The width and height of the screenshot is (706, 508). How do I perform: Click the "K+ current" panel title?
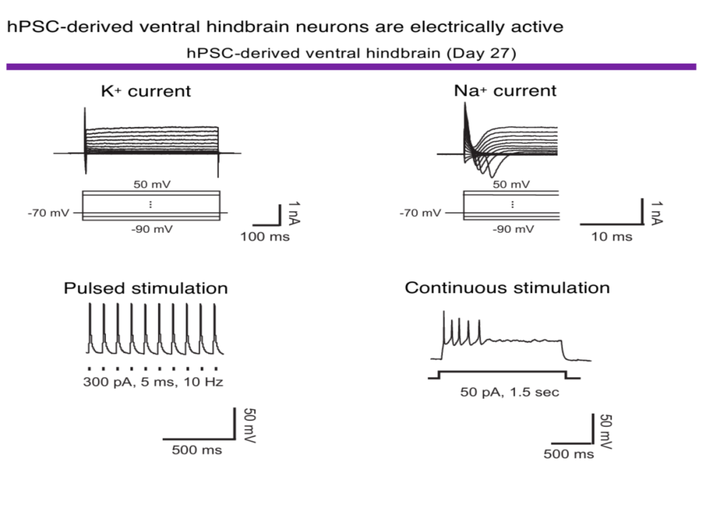point(146,91)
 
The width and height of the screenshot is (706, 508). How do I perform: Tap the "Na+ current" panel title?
point(505,90)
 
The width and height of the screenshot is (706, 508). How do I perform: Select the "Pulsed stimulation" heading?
point(146,288)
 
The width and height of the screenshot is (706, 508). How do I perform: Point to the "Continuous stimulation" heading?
point(507,288)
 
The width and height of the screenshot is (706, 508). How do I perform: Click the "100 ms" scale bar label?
point(265,237)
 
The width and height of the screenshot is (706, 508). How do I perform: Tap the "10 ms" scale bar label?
point(611,237)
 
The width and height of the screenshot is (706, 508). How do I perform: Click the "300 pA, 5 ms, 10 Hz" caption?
point(153,382)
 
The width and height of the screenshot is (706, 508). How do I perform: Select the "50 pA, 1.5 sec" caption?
point(510,392)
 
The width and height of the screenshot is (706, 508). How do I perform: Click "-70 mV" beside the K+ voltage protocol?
point(48,212)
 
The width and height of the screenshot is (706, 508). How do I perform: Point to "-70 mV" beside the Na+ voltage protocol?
point(420,212)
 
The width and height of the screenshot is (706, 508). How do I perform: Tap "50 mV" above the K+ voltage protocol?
point(152,184)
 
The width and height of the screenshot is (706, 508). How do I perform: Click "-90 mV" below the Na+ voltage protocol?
point(513,229)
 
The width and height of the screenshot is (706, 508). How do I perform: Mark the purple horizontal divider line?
point(351,67)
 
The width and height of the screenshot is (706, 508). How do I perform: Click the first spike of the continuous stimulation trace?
point(444,312)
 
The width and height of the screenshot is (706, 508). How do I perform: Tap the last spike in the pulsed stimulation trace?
point(215,305)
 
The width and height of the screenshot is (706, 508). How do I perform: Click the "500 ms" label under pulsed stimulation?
point(197,450)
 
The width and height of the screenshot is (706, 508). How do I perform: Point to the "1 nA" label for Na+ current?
point(657,212)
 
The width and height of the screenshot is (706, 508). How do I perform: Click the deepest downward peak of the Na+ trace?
point(492,177)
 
